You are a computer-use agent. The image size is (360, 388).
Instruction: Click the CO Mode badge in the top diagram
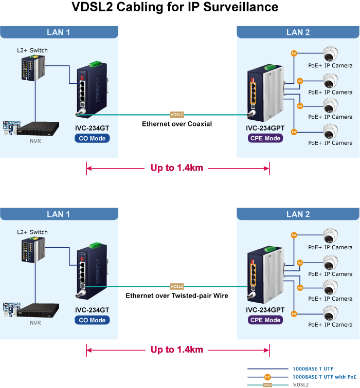click(x=92, y=138)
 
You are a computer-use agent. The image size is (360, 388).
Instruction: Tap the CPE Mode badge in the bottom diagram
click(x=265, y=320)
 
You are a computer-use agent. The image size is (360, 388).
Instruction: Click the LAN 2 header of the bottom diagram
click(x=298, y=214)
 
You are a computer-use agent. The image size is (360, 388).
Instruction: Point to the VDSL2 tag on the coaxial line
click(x=177, y=115)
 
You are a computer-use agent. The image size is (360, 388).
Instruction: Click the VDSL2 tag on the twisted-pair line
click(x=177, y=286)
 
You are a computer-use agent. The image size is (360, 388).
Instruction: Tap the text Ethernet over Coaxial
click(x=177, y=124)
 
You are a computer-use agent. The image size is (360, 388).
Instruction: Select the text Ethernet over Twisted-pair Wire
click(x=177, y=296)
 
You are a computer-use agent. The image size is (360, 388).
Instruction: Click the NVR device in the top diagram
click(x=35, y=128)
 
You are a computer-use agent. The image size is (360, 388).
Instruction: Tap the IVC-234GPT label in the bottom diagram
click(x=265, y=310)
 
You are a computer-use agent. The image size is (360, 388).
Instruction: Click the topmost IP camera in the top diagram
click(x=330, y=54)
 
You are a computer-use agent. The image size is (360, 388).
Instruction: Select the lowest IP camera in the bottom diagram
click(x=330, y=313)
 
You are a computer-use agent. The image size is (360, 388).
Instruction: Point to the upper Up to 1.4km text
click(x=177, y=168)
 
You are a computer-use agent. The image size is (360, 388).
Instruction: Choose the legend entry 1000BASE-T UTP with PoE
click(x=324, y=377)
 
